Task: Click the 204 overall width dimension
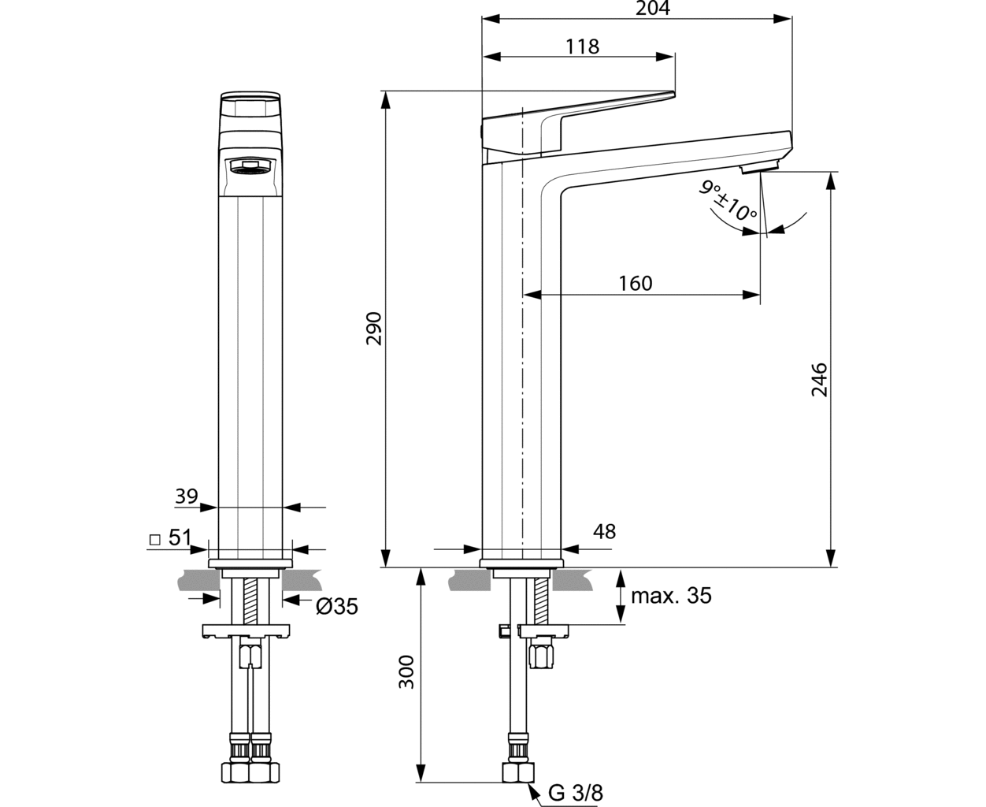coord(653,8)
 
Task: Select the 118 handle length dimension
coord(583,46)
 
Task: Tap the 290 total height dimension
coord(374,329)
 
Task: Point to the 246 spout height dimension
coord(819,379)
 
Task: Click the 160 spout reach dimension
coord(636,284)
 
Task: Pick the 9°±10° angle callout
coord(728,200)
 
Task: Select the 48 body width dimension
coord(605,531)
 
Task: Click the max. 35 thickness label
coord(671,596)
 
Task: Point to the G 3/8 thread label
coord(576,793)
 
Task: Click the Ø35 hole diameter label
coord(337,607)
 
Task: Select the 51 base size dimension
coord(180,537)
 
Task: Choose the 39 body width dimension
coord(187,496)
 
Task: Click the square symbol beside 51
coord(154,540)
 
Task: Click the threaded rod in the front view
coord(250,601)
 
